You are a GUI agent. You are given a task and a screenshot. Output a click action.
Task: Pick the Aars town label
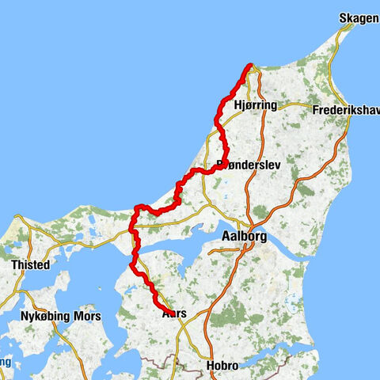pos(174,313)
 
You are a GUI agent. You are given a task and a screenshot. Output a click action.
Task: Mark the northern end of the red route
pos(250,66)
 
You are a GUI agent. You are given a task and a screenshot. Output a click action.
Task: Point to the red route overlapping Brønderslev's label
pos(224,163)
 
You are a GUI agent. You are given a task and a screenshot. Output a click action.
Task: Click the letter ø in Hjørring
pos(245,105)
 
